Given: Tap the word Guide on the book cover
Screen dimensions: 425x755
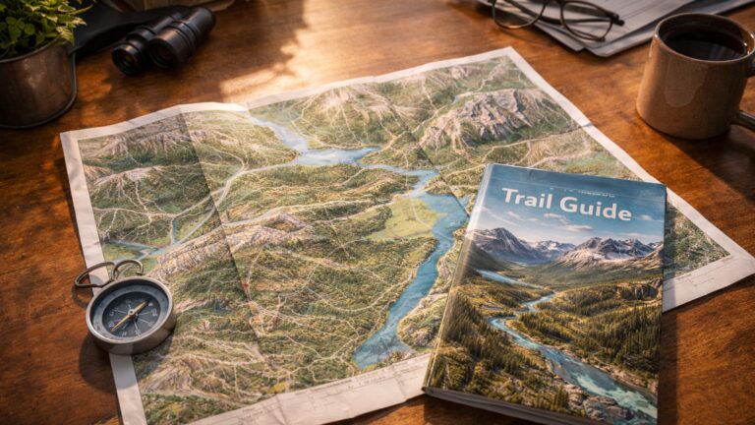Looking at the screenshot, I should [x=594, y=210].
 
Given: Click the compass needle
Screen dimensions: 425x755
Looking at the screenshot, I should [x=130, y=315].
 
